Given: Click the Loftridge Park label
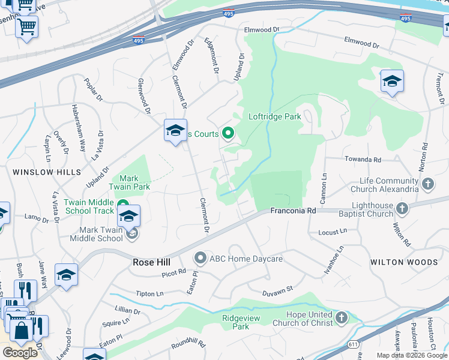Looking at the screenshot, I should [x=274, y=117].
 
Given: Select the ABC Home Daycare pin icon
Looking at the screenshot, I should [x=200, y=259].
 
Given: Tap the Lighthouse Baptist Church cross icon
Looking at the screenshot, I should [x=402, y=208].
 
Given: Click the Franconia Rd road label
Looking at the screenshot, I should [x=293, y=211].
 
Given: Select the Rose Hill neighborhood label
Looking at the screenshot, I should [x=151, y=262].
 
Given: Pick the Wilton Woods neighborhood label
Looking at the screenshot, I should [x=404, y=262].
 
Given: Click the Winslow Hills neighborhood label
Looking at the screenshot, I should [x=46, y=172].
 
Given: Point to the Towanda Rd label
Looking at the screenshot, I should [x=363, y=160].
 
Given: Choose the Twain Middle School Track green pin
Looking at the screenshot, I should [x=122, y=204].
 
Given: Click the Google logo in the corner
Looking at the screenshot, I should [x=20, y=353].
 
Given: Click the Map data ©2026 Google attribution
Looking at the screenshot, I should [x=411, y=355].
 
